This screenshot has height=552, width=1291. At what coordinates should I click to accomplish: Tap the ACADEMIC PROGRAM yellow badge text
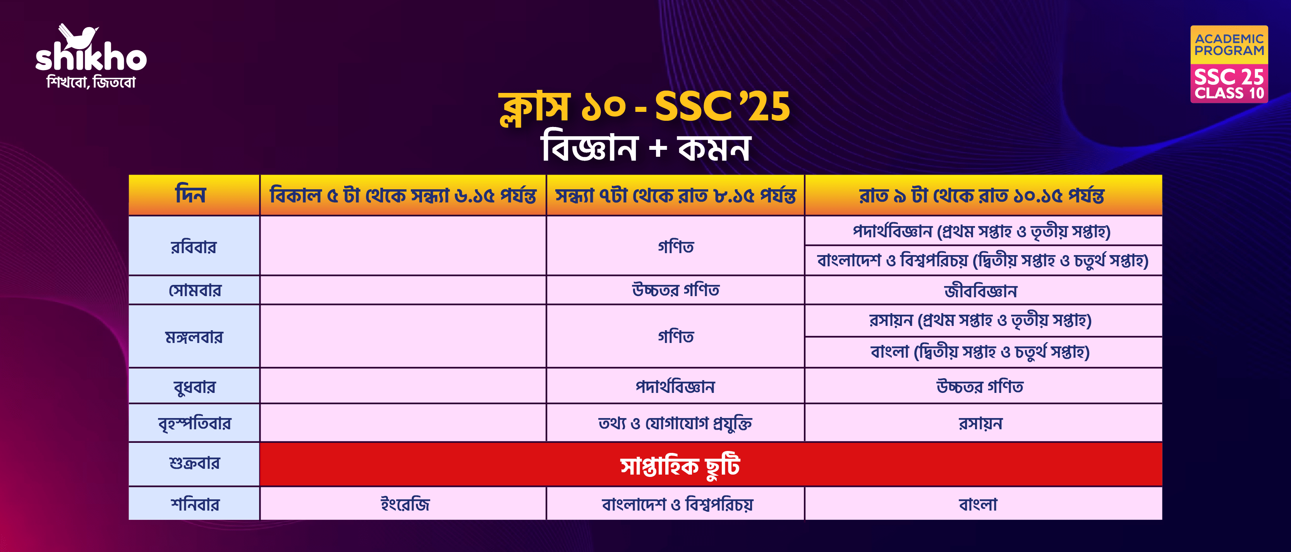coord(1229,45)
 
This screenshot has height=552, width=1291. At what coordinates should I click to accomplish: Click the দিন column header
coord(191,195)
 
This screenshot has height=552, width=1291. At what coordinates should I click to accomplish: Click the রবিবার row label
coord(194,247)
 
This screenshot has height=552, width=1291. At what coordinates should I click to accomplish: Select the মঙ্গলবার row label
coord(194,337)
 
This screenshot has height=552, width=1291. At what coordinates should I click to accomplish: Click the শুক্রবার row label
coord(194,463)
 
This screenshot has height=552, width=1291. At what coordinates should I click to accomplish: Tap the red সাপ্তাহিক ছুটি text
coord(680,466)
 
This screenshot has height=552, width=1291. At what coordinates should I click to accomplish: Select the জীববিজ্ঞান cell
coord(981,291)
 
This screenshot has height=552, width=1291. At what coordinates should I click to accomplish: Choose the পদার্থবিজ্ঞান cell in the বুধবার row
coord(675,387)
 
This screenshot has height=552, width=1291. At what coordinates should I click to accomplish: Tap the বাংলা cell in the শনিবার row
coord(978,504)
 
